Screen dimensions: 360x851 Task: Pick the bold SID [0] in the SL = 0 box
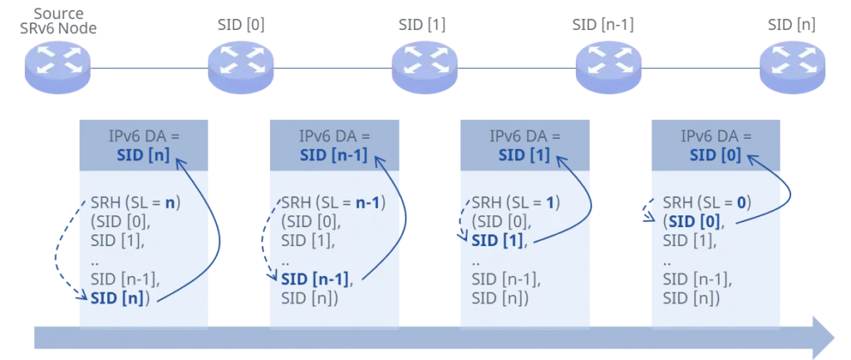[691, 221]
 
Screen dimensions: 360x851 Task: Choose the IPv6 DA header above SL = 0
[716, 136]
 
